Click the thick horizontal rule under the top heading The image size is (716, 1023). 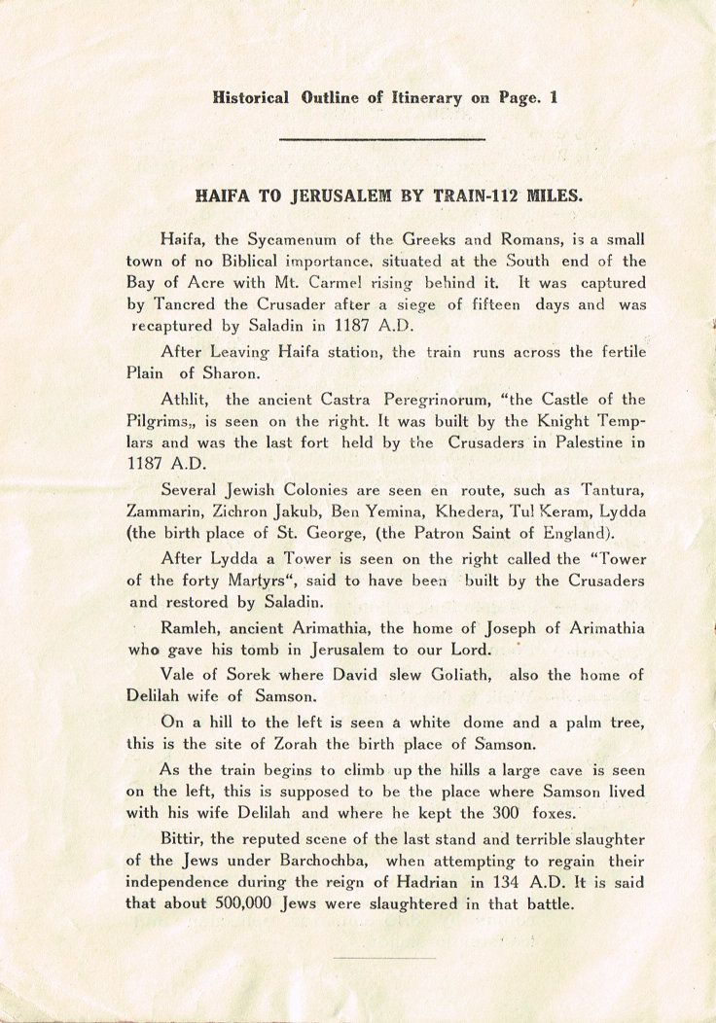coord(381,140)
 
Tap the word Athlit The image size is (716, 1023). coord(186,400)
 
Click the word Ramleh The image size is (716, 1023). coord(190,629)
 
